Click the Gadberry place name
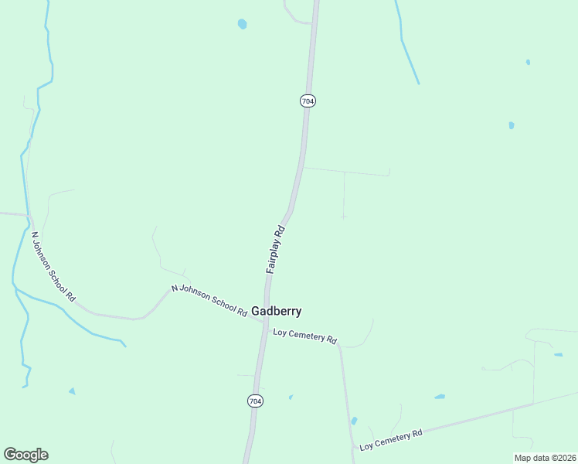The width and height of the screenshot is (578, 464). coord(276,311)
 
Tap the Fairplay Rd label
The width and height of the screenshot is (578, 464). coord(276,248)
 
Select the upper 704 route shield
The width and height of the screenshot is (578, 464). coord(308,101)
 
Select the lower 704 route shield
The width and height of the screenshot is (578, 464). coord(255,401)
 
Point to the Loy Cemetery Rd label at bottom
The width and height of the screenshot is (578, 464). coord(391,439)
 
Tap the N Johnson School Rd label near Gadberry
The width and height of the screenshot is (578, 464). coord(209,300)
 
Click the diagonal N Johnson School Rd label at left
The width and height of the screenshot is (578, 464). coord(53,265)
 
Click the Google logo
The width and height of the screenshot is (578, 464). coord(25,455)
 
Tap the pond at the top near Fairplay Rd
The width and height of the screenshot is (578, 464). coord(243,24)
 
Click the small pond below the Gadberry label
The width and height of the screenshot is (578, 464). coord(291,397)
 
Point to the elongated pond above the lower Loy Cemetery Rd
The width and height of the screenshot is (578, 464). coord(439,397)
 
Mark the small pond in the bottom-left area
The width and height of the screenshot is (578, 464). coord(72,391)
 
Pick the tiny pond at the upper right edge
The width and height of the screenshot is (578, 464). coord(528,62)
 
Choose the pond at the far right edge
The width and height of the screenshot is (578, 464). coord(558,355)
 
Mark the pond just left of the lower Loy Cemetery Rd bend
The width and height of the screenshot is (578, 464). coord(354,421)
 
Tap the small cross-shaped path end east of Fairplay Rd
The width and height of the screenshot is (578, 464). coord(344,217)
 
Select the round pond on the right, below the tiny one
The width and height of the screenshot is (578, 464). coord(512,125)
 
